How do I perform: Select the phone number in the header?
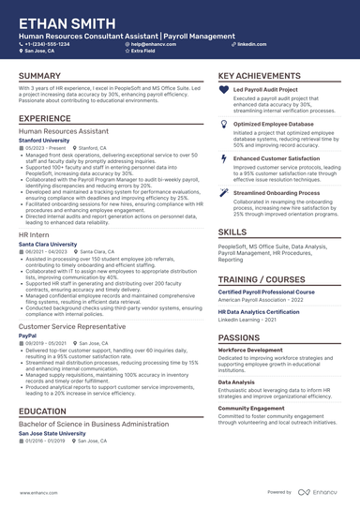49,44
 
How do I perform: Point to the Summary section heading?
40,76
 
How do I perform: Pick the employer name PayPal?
27,336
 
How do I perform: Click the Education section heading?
42,412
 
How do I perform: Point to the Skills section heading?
232,231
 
